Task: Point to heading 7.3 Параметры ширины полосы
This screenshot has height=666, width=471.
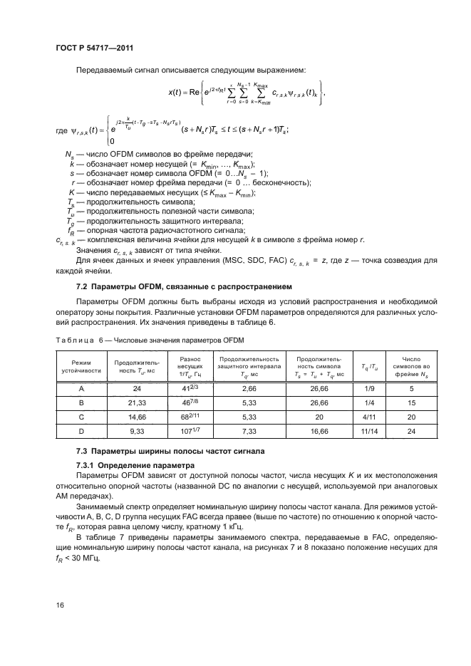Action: pyautogui.click(x=170, y=452)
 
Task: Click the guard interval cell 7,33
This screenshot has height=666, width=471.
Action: pyautogui.click(x=248, y=431)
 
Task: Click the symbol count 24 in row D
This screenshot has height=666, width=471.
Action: pyautogui.click(x=411, y=431)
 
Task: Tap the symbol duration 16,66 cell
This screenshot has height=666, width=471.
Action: pyautogui.click(x=319, y=431)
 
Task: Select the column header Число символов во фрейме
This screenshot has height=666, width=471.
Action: pyautogui.click(x=411, y=366)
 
